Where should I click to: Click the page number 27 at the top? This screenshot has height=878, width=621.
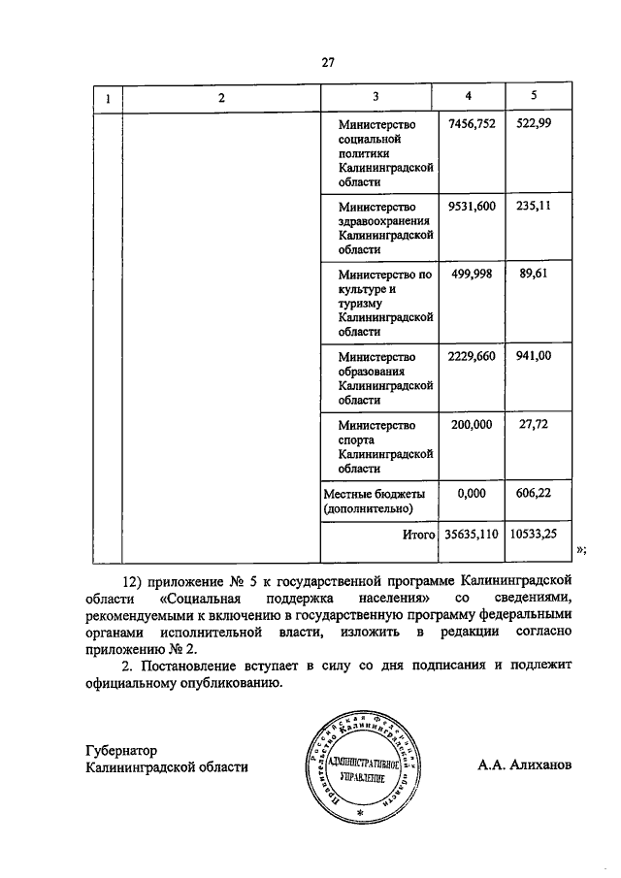328,63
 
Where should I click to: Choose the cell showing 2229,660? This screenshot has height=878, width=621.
471,356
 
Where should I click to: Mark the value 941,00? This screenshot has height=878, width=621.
534,356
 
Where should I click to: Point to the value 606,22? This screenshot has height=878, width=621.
534,493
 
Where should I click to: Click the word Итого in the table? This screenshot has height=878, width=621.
418,534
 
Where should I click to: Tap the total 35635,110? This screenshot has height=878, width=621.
471,534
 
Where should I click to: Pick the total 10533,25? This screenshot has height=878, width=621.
535,534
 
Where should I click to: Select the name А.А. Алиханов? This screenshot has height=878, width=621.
525,765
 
